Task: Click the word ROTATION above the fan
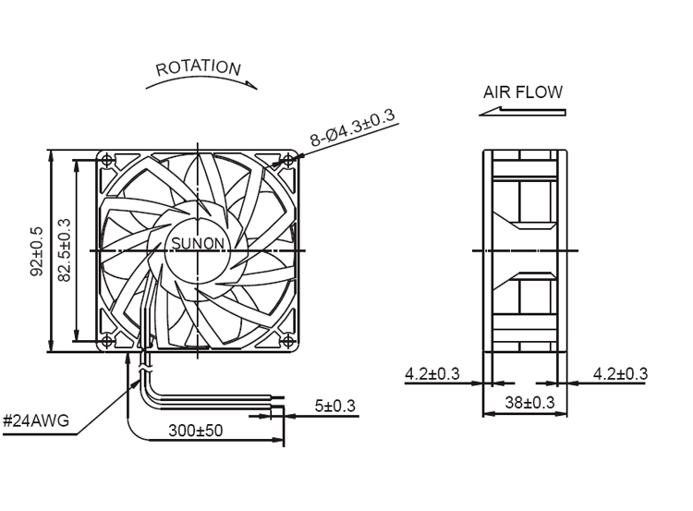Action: coord(198,67)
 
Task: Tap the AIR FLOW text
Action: coord(522,92)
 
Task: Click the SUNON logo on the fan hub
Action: coord(197,245)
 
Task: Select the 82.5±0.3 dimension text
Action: coord(64,250)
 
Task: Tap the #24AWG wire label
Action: coord(36,421)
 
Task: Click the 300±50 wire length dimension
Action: coord(196,431)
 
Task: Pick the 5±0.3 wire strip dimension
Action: coord(334,406)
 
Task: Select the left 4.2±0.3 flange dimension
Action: coord(432,374)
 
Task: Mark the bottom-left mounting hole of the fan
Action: coord(107,341)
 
